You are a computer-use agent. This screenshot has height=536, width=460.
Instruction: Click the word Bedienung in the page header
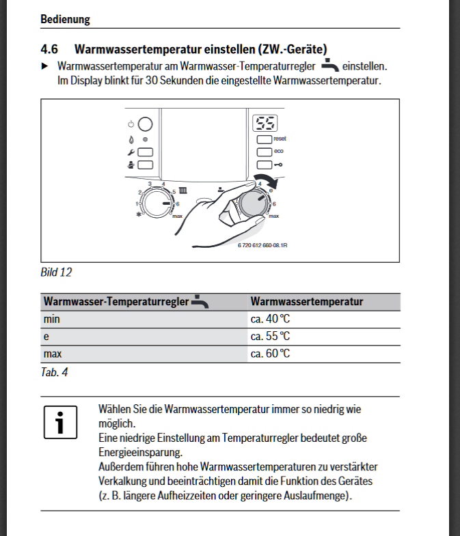pos(65,20)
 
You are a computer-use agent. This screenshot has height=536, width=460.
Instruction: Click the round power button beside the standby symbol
pos(146,124)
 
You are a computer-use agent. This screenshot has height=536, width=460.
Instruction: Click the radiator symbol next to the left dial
pos(183,191)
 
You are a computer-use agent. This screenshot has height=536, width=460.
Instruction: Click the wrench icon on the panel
pos(131,152)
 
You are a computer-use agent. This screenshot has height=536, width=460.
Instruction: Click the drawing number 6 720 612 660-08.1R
pos(262,245)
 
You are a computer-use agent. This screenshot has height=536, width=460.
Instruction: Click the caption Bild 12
pos(56,272)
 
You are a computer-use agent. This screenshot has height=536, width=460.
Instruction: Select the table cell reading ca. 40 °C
pos(270,319)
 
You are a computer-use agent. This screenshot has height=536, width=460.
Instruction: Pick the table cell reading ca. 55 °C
pos(270,336)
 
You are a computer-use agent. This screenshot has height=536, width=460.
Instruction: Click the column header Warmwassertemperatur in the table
pos(307,301)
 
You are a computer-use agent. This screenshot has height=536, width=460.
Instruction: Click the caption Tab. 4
pos(55,372)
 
